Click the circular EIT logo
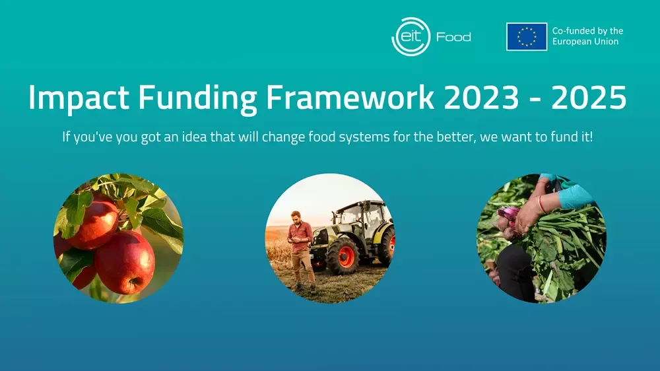411,36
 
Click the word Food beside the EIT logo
453,37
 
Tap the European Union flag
527,36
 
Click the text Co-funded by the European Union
587,36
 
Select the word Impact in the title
79,98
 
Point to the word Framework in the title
350,97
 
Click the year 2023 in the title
481,97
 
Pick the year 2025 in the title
589,97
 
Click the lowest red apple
125,262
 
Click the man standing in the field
302,251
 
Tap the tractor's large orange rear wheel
343,255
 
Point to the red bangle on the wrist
541,204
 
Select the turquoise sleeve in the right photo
574,196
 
